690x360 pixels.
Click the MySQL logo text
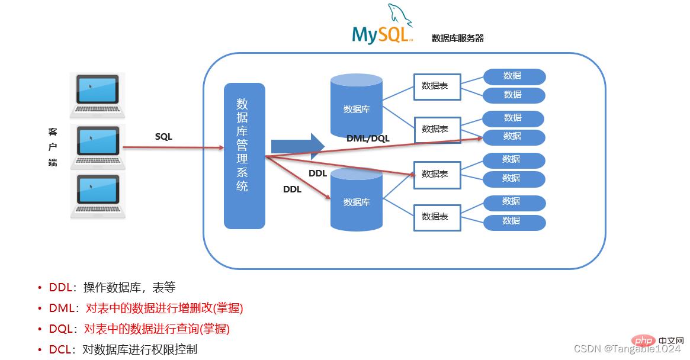coord(380,34)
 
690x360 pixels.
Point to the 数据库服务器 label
coord(457,38)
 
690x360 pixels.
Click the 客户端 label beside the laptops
coord(53,146)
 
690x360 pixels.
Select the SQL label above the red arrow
coord(163,136)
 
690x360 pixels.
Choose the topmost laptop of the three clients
coord(97,95)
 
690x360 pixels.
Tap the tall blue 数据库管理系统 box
coord(244,155)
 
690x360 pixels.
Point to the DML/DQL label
coord(368,138)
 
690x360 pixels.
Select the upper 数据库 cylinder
coord(357,105)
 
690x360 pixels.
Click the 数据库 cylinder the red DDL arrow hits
coord(357,200)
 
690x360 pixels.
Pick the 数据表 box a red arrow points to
coord(437,174)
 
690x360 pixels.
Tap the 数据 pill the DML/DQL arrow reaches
coord(513,137)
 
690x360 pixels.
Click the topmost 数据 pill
coord(514,76)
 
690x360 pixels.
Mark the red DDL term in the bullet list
coord(60,288)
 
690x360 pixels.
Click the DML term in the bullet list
coord(61,308)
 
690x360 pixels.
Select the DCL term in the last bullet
coord(60,349)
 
